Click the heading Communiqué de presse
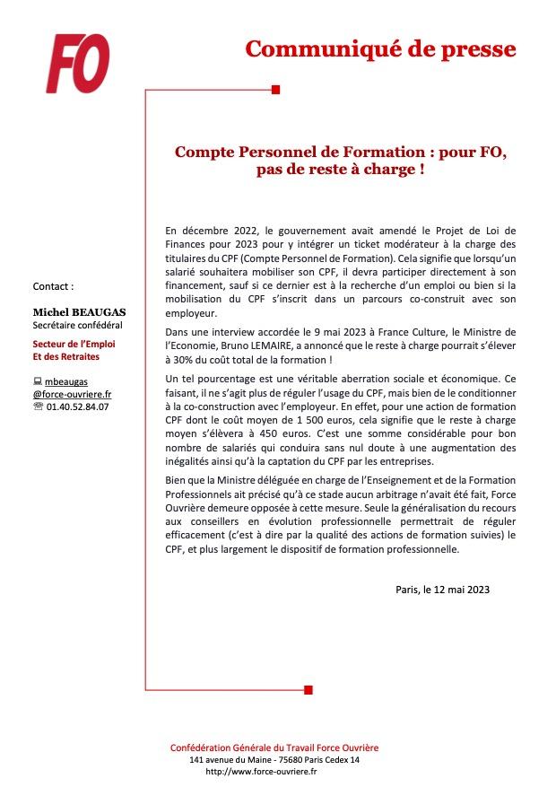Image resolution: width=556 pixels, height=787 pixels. pos(380,49)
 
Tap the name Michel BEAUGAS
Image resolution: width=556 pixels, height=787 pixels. pos(79,310)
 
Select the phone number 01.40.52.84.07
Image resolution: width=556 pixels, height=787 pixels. pos(77,406)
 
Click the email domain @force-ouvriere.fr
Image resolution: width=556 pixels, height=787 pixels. pos(73,394)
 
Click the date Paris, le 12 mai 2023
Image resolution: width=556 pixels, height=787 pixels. pos(442,590)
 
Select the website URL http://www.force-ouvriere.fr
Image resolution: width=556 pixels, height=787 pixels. pos(261,771)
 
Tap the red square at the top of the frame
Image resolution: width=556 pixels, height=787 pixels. pos(275,89)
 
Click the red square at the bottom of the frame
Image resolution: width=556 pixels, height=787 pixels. pos(308,689)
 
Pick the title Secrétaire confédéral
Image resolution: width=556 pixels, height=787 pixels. pos(77,325)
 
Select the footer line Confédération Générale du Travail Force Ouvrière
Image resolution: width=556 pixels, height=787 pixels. pos(274,748)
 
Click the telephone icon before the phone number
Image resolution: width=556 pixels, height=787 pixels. pos(38,406)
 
